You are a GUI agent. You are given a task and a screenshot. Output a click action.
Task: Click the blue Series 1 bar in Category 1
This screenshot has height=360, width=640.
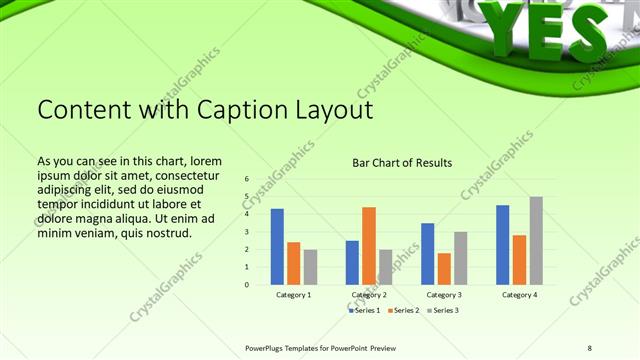[x=277, y=246]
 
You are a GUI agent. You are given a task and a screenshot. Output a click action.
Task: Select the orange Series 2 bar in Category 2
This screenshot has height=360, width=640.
[x=369, y=245]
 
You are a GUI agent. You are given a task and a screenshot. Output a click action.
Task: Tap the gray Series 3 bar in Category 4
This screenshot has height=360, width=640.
[x=536, y=240]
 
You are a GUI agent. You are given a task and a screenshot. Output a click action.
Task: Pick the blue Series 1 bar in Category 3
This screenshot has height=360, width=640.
[x=428, y=253]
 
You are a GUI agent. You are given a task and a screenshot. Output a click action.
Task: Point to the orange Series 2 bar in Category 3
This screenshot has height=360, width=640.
[x=444, y=268]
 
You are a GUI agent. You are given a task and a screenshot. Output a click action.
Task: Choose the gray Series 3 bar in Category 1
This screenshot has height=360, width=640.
[x=310, y=267]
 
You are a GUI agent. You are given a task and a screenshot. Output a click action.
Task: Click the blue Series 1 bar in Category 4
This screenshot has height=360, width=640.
[x=503, y=244]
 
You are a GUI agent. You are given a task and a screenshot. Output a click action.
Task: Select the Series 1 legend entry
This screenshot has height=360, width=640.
[x=363, y=311]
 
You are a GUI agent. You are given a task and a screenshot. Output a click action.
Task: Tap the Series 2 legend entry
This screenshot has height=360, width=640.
[x=403, y=311]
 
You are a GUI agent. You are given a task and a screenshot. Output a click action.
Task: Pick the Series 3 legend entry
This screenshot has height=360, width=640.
[x=442, y=311]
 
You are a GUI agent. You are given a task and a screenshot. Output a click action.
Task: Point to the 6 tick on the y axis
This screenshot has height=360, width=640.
[x=246, y=179]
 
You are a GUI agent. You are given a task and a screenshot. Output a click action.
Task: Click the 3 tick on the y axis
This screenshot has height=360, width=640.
[x=246, y=232]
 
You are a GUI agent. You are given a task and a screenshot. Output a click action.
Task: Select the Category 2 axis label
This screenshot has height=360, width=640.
[x=369, y=295]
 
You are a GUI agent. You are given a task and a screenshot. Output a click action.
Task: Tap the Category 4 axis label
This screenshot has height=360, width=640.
[x=519, y=295]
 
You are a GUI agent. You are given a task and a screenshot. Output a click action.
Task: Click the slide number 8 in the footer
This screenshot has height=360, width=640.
[x=589, y=347]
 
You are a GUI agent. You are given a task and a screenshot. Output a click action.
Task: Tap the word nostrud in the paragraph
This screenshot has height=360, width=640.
[x=167, y=233]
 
